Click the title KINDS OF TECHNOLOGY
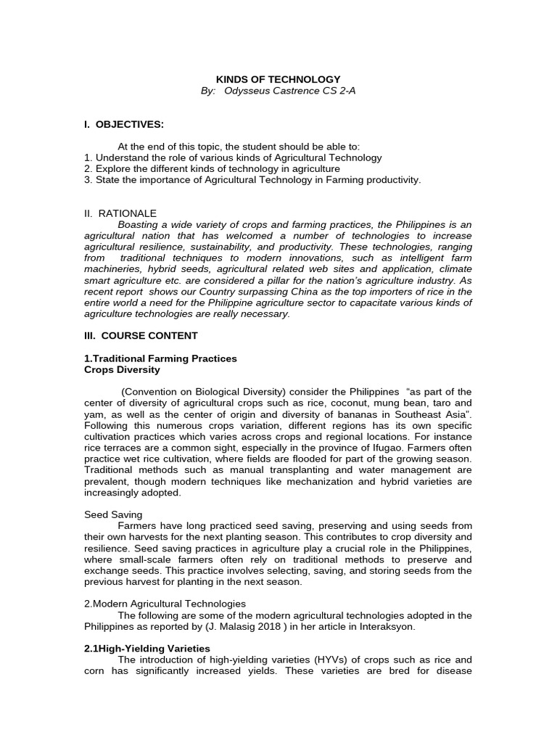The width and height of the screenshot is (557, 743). tap(278, 79)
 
